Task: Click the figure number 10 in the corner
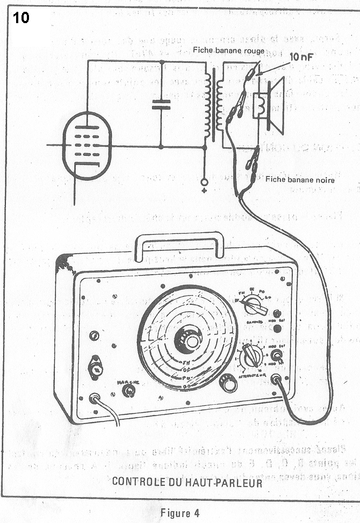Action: pos(21,18)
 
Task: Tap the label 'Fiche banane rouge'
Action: pos(229,51)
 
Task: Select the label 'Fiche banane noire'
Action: pos(300,180)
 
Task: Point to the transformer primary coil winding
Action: pos(207,105)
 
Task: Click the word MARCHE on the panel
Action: pos(128,382)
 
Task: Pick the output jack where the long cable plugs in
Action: pos(277,380)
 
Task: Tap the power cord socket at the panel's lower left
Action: pos(95,399)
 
